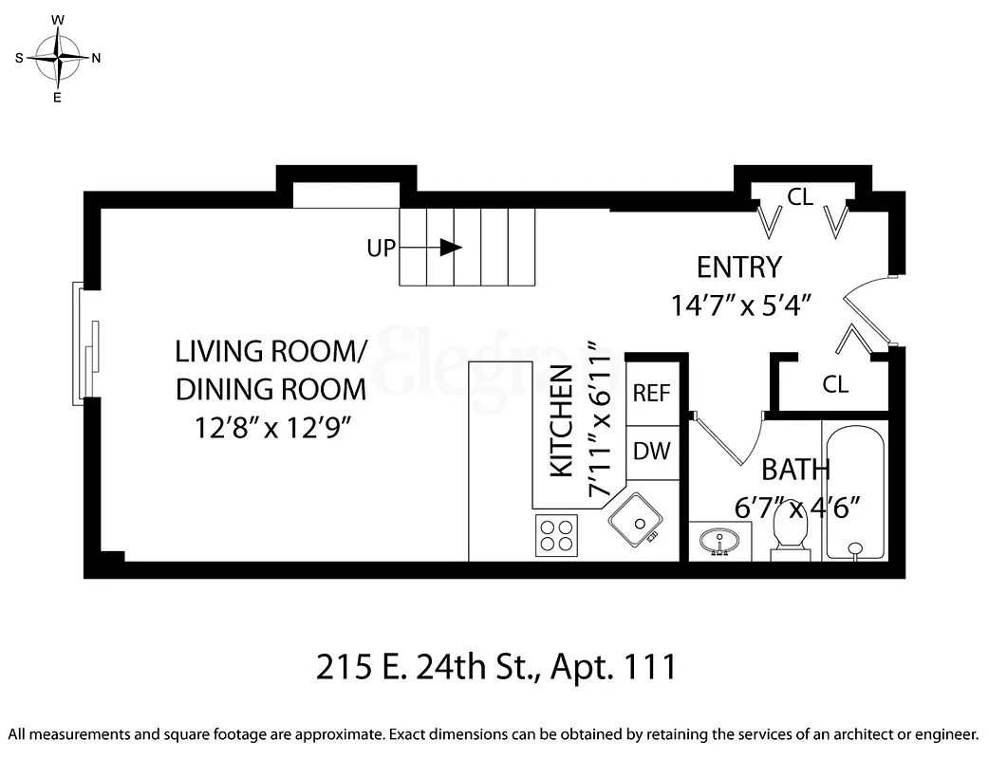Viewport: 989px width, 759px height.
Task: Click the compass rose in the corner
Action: [58, 58]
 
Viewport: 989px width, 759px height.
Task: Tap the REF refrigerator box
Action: [652, 393]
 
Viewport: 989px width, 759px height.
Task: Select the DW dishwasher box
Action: [652, 451]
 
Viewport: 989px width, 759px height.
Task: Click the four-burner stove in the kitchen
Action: [557, 534]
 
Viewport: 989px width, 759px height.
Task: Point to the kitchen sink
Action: [635, 520]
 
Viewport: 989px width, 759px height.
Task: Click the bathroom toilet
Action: [791, 529]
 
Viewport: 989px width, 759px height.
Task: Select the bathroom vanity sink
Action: [719, 542]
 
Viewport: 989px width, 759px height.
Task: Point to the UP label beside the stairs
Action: [381, 249]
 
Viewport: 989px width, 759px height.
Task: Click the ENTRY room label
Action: [738, 267]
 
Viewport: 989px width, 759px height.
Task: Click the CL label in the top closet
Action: [800, 197]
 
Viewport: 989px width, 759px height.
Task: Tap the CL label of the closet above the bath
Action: [835, 384]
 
